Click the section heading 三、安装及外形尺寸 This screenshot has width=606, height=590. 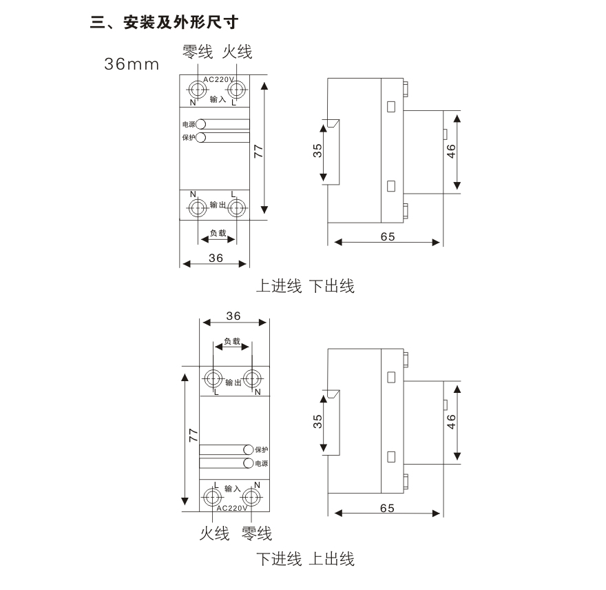click(x=164, y=22)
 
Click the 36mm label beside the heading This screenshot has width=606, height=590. click(x=132, y=64)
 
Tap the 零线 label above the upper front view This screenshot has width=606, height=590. click(x=198, y=52)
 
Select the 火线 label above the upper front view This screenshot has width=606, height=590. click(x=237, y=52)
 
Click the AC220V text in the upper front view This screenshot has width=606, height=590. click(x=219, y=79)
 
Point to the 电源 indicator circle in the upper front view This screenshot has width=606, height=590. click(x=200, y=124)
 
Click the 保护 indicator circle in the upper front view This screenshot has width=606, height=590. click(x=200, y=137)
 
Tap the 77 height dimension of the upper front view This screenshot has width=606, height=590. click(x=258, y=151)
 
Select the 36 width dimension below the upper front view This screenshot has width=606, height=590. click(x=216, y=258)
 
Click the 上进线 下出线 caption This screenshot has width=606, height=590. click(x=305, y=286)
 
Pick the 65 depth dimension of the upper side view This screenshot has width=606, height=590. click(x=388, y=236)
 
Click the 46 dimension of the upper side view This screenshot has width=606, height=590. click(x=451, y=151)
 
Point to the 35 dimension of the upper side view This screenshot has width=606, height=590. click(x=317, y=150)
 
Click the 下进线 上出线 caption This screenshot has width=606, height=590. click(x=305, y=559)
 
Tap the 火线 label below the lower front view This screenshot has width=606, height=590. click(x=214, y=533)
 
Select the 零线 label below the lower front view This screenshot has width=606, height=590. click(x=257, y=533)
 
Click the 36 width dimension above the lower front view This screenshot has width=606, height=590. click(x=233, y=316)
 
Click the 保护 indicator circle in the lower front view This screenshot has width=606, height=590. click(x=248, y=449)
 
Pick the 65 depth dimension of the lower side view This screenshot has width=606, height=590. click(x=387, y=508)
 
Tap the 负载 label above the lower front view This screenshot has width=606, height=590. click(x=232, y=341)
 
